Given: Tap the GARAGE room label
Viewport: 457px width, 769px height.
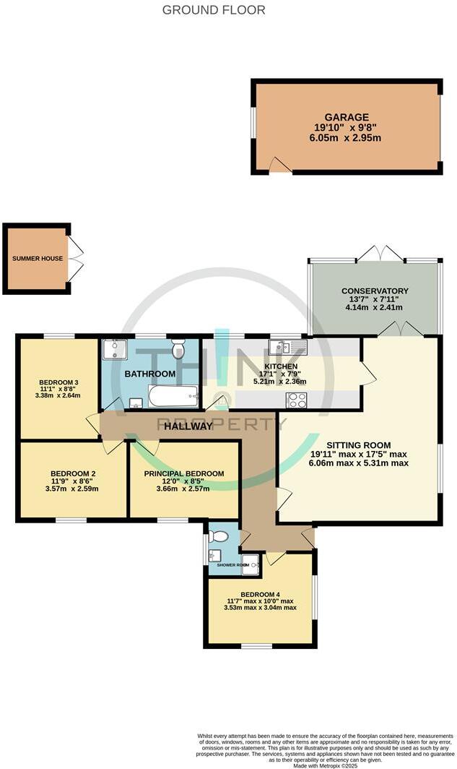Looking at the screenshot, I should [347, 117].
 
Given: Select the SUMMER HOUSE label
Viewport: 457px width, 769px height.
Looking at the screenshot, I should [37, 259].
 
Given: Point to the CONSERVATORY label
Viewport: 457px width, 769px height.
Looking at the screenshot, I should [375, 291].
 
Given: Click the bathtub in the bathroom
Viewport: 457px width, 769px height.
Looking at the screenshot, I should [173, 395].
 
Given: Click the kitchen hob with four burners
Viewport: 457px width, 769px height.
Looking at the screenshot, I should [297, 400].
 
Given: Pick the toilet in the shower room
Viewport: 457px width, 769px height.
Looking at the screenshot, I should [219, 536].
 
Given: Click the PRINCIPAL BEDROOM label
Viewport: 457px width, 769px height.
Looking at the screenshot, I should [183, 473].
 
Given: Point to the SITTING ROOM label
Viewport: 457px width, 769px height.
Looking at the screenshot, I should [358, 445].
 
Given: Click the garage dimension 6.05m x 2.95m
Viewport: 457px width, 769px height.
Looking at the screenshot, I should [347, 138].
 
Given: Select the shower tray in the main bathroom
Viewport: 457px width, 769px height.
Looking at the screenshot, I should [114, 350].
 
